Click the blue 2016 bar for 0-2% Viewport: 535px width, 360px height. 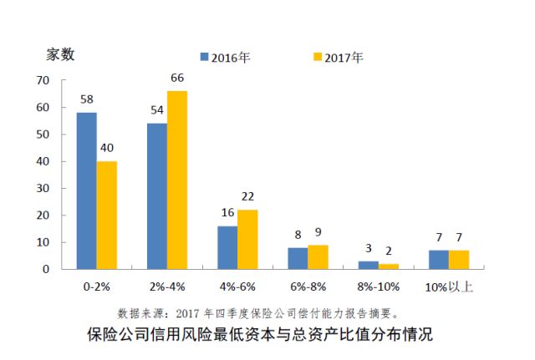pyautogui.click(x=86, y=191)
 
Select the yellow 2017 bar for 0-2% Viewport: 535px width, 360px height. pyautogui.click(x=106, y=215)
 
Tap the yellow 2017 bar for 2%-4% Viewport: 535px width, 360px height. pyautogui.click(x=177, y=180)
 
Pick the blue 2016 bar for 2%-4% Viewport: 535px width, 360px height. pyautogui.click(x=157, y=196)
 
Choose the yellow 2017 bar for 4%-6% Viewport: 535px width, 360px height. pyautogui.click(x=247, y=240)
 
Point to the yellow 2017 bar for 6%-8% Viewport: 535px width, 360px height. pyautogui.click(x=318, y=257)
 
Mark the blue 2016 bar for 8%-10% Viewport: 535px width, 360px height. pyautogui.click(x=369, y=266)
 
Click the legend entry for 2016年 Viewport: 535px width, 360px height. pyautogui.click(x=227, y=58)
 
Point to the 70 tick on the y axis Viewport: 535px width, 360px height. pyautogui.click(x=44, y=81)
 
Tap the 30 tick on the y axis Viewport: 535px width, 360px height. pyautogui.click(x=44, y=189)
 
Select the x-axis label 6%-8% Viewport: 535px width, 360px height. pyautogui.click(x=308, y=287)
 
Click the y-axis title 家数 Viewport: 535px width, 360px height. pyautogui.click(x=60, y=55)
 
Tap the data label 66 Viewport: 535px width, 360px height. pyautogui.click(x=177, y=79)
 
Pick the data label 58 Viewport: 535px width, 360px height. pyautogui.click(x=86, y=99)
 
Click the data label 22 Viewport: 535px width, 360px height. pyautogui.click(x=248, y=197)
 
